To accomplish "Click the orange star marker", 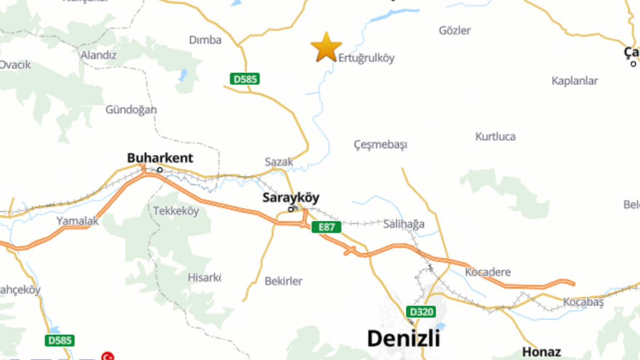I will [x=326, y=47].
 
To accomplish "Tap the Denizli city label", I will [x=404, y=338].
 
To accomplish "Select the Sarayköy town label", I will [x=291, y=198].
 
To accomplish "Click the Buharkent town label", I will [x=160, y=158].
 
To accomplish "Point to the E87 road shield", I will [x=326, y=227].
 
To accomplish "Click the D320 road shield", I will [x=421, y=312].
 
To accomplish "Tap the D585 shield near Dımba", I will [x=245, y=79].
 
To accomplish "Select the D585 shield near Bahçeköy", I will [x=59, y=340].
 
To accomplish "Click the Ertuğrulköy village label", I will [x=366, y=58].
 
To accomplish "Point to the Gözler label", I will [x=454, y=30].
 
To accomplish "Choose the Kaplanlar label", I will [x=574, y=81].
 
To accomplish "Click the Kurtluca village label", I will [x=495, y=137].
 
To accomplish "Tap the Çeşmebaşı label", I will [x=380, y=145].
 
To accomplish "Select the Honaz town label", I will [x=541, y=352].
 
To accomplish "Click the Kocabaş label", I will [x=583, y=302].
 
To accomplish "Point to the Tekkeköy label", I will [x=176, y=211].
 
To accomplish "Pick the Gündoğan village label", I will [x=131, y=110].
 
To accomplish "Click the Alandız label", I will [x=98, y=55].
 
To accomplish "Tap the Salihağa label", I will [x=404, y=224].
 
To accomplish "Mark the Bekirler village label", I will [x=284, y=281].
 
